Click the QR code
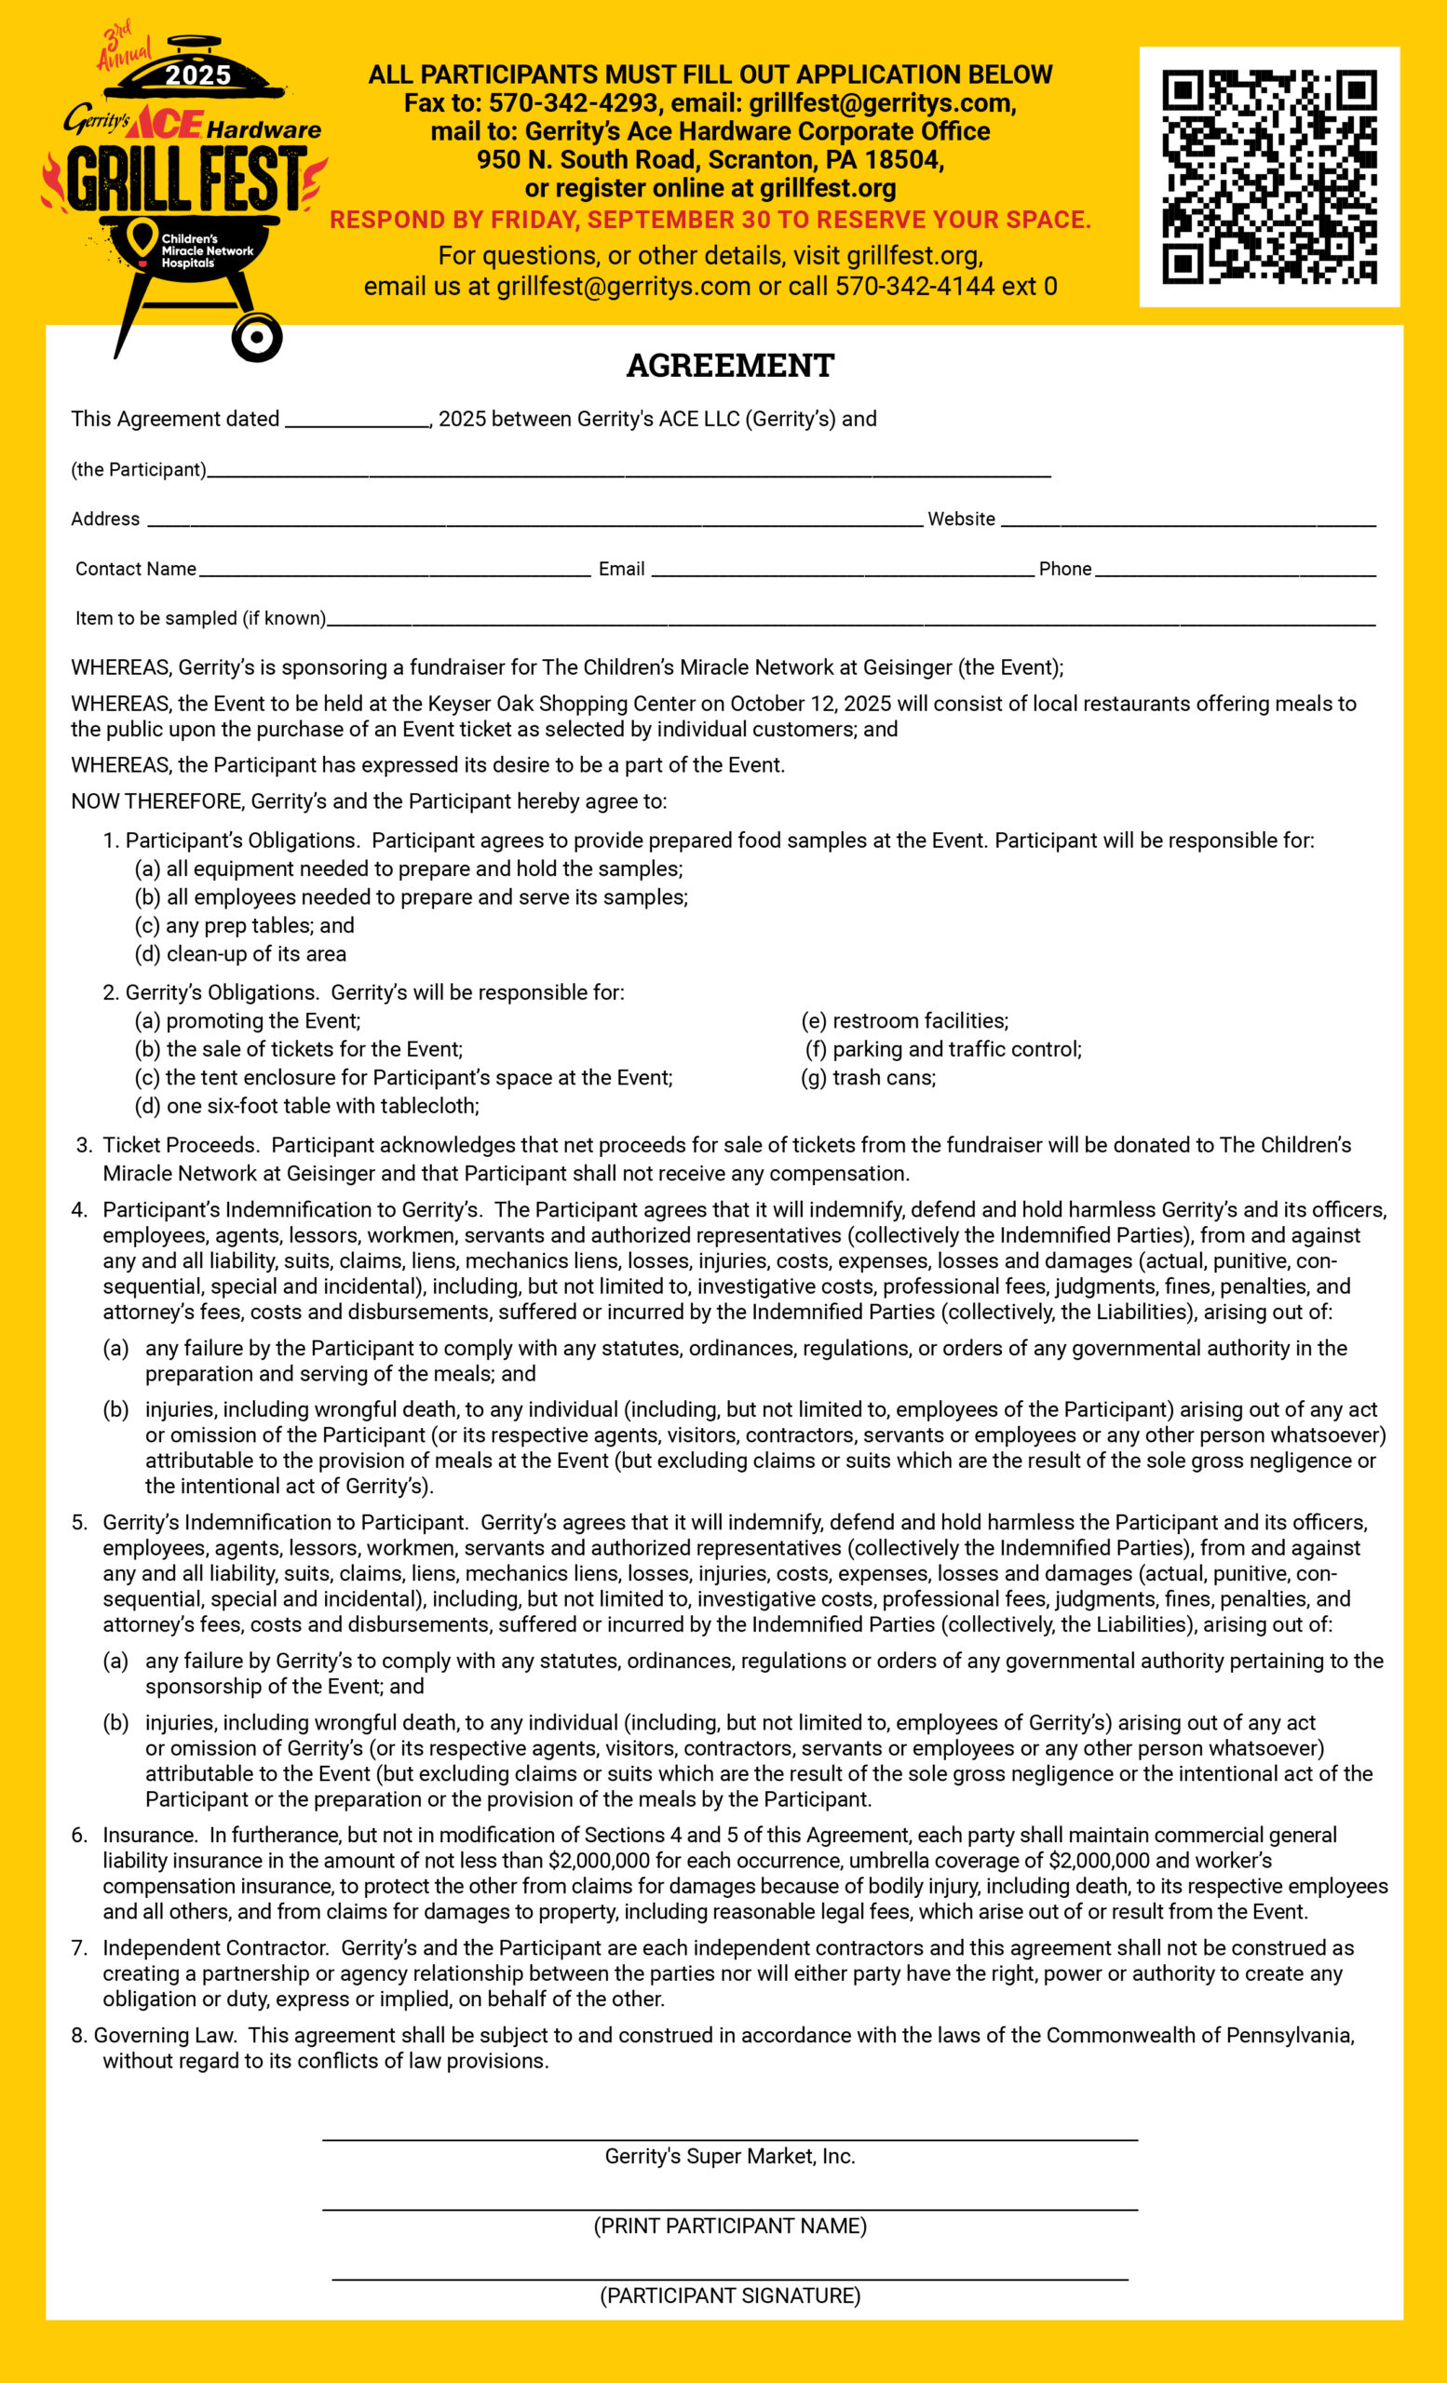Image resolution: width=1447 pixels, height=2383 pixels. (1269, 177)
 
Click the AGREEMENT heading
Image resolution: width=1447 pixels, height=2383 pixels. (730, 366)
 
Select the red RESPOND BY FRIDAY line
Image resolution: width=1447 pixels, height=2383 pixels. (710, 220)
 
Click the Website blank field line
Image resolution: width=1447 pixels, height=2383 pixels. (1188, 522)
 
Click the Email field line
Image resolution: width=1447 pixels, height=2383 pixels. (842, 572)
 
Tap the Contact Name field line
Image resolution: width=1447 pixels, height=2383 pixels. (394, 572)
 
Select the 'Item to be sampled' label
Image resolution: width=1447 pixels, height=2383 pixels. (200, 618)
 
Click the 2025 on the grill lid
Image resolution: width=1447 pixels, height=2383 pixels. (198, 75)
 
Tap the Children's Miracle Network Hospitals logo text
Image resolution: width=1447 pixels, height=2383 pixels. (206, 250)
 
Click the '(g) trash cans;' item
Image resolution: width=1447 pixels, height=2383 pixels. (868, 1077)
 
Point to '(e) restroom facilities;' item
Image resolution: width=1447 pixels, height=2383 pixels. (904, 1020)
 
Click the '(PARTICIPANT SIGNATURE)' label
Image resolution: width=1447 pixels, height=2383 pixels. (730, 2295)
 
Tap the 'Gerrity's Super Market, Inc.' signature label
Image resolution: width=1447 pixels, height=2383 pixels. (730, 2156)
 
